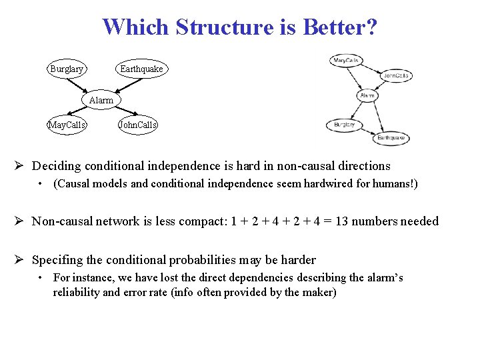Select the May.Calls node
click(x=67, y=125)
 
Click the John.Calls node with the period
click(x=137, y=125)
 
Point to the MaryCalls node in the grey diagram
click(x=346, y=61)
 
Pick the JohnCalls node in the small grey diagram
click(x=395, y=76)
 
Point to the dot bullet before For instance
click(x=41, y=278)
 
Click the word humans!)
click(x=397, y=183)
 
